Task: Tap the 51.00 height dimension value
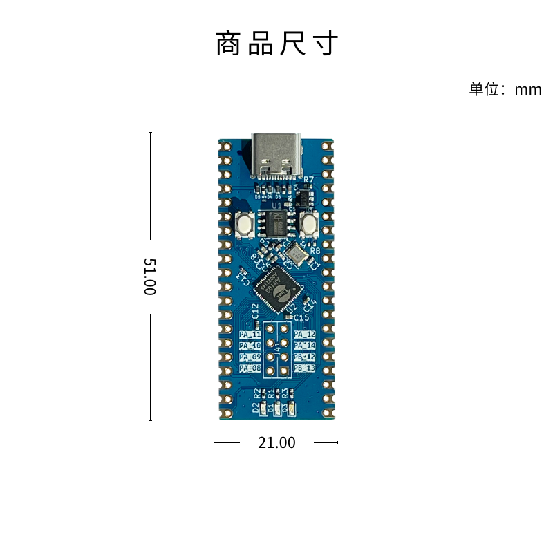[x=149, y=276]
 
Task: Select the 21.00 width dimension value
[x=276, y=442]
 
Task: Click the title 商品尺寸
[x=276, y=44]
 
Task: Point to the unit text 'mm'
[x=528, y=89]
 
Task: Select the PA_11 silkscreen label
[x=250, y=335]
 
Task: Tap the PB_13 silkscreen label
[x=304, y=368]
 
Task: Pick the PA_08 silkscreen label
[x=250, y=368]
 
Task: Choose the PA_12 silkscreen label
[x=304, y=335]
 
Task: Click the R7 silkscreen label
[x=308, y=180]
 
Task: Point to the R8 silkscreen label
[x=315, y=251]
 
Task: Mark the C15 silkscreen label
[x=302, y=317]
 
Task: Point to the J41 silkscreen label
[x=277, y=351]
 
